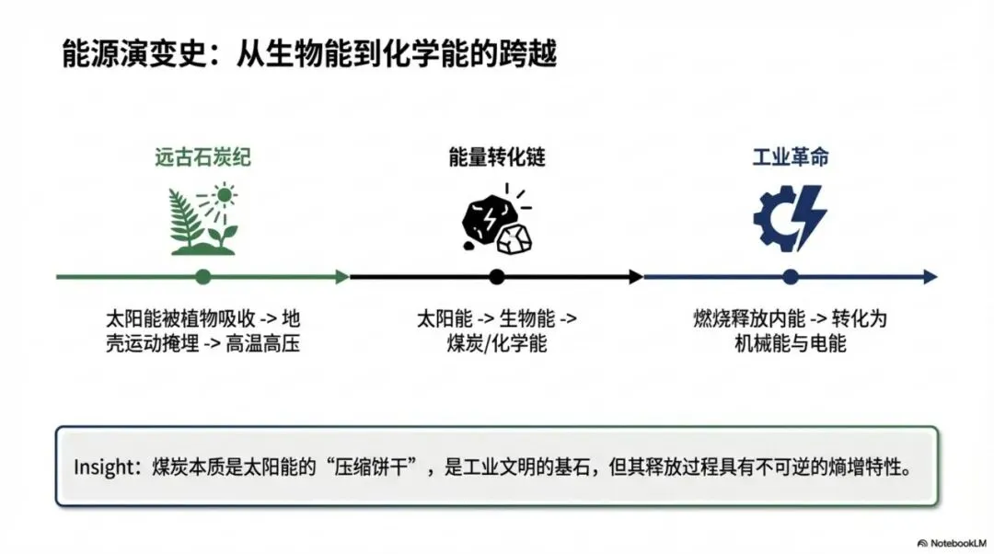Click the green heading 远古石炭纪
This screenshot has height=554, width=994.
(202, 157)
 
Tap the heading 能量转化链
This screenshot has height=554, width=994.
(497, 157)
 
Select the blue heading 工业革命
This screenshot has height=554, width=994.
(791, 157)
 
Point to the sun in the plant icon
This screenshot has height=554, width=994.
(224, 195)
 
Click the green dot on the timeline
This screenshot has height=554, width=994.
(203, 276)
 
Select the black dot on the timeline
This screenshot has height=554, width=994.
(497, 276)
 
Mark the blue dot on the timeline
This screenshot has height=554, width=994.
(790, 276)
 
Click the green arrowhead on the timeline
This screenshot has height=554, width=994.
(342, 276)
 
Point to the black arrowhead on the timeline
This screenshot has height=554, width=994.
(636, 276)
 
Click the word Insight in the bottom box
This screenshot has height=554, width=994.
(103, 467)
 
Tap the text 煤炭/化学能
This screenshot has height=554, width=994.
(497, 344)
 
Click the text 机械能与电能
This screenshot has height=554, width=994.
(791, 344)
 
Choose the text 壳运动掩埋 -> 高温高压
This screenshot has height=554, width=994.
(203, 344)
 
